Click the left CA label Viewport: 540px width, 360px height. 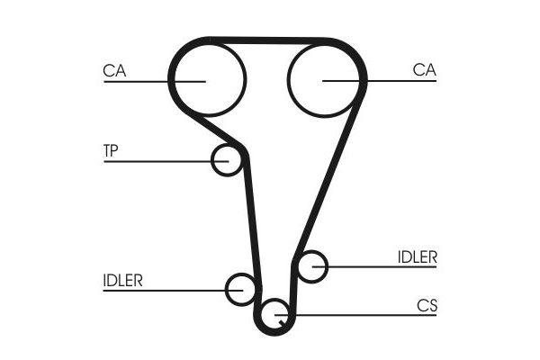pyautogui.click(x=114, y=70)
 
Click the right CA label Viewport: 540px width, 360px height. pyautogui.click(x=424, y=69)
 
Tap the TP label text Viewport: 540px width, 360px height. pyautogui.click(x=111, y=150)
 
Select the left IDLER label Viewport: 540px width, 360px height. pyautogui.click(x=122, y=281)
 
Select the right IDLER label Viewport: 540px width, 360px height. pyautogui.click(x=417, y=257)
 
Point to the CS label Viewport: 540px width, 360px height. pyautogui.click(x=427, y=306)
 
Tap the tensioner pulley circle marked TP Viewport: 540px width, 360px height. pyautogui.click(x=212, y=160)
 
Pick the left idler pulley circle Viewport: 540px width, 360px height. pyautogui.click(x=227, y=290)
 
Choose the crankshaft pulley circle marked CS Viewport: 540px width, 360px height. pyautogui.click(x=261, y=315)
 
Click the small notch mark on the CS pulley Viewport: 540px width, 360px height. pyautogui.click(x=283, y=323)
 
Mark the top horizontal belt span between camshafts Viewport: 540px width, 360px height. pyautogui.click(x=267, y=40)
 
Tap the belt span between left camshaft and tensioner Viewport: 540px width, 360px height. pyautogui.click(x=217, y=130)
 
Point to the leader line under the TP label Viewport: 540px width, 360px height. pyautogui.click(x=166, y=161)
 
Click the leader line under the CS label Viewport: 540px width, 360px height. pyautogui.click(x=355, y=315)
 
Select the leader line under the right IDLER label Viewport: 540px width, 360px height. pyautogui.click(x=374, y=266)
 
